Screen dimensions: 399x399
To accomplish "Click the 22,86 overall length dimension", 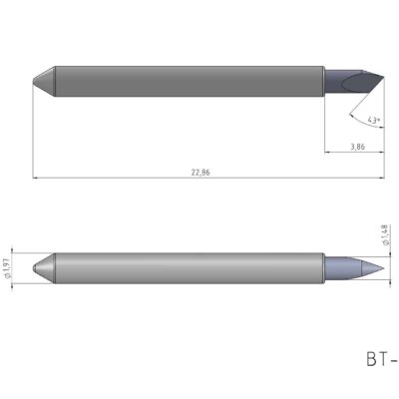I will click(x=199, y=173).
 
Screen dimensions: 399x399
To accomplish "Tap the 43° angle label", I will click(x=374, y=120).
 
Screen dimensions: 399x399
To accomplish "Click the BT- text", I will click(x=381, y=356).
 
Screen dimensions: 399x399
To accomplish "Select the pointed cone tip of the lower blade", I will click(x=367, y=267).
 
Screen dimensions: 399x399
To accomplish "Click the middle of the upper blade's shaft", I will click(x=188, y=79).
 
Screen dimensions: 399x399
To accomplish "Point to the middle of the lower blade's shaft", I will click(x=188, y=268).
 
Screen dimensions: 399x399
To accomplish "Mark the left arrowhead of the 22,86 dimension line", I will click(x=36, y=179).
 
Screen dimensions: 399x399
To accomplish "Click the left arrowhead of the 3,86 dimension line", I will click(x=328, y=153).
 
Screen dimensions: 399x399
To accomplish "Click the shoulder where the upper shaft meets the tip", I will click(x=323, y=79).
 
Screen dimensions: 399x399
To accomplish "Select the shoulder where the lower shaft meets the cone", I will click(x=323, y=268).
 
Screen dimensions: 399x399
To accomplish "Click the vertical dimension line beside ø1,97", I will click(x=14, y=268).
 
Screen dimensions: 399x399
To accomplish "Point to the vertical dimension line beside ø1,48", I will click(x=387, y=267).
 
